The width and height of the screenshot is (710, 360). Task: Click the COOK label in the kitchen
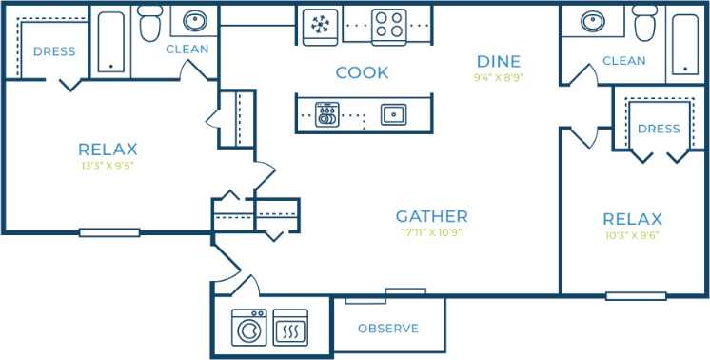(x=362, y=72)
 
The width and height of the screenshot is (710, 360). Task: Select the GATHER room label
(x=432, y=216)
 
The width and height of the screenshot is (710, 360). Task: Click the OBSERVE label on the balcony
(x=388, y=329)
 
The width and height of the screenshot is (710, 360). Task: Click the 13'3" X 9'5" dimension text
(x=108, y=165)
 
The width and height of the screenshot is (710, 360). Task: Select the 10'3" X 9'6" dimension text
(x=632, y=234)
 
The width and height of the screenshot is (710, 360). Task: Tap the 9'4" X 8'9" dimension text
(x=500, y=77)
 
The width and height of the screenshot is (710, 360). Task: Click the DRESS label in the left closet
(x=53, y=51)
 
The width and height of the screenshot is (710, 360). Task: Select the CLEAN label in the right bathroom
(x=624, y=61)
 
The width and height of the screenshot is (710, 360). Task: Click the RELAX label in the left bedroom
(x=108, y=149)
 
